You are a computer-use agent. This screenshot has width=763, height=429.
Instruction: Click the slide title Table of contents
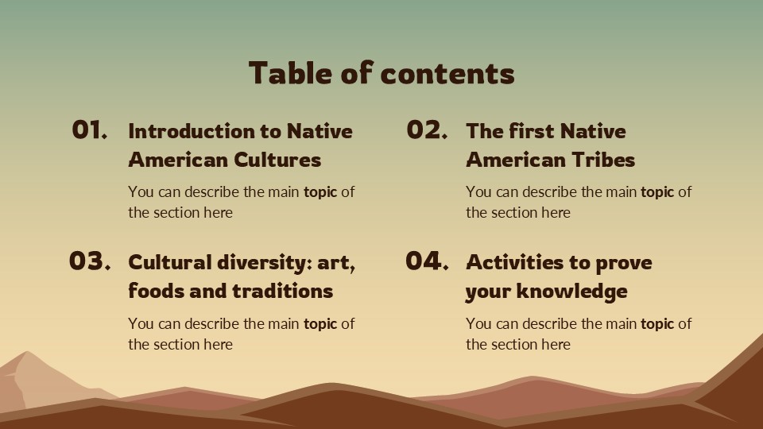point(381,73)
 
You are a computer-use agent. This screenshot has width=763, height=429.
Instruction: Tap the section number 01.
point(89,130)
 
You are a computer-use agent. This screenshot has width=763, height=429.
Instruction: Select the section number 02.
point(427,130)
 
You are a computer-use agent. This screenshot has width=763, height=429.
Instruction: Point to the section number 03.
point(89,261)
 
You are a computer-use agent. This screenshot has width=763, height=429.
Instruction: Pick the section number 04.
point(427,261)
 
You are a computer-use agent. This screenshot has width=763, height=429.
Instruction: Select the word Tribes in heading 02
point(605,160)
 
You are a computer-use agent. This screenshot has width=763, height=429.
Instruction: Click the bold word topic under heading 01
point(320,192)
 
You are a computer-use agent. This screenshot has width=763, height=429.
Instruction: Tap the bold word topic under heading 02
point(657,192)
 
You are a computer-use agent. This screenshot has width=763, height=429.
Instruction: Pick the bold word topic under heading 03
point(320,324)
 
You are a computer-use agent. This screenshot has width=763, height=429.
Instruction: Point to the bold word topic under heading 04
point(657,324)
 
